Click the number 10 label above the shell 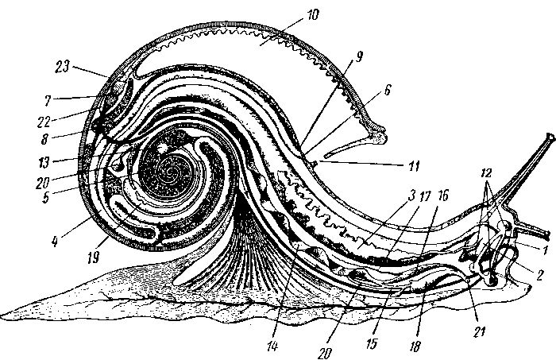tap(311, 16)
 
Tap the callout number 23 tap(63, 67)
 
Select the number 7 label tap(48, 101)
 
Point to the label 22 tap(44, 122)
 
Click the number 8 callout tap(44, 139)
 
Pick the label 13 tap(44, 162)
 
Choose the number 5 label tap(46, 198)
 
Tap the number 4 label tap(55, 242)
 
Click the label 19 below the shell tap(93, 258)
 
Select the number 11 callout tap(414, 166)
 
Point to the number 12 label tap(486, 173)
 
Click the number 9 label tap(360, 56)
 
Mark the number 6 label tap(388, 90)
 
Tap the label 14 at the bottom tap(272, 346)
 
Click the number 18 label tap(415, 346)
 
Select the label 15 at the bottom tap(372, 344)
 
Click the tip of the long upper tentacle tap(550, 136)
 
